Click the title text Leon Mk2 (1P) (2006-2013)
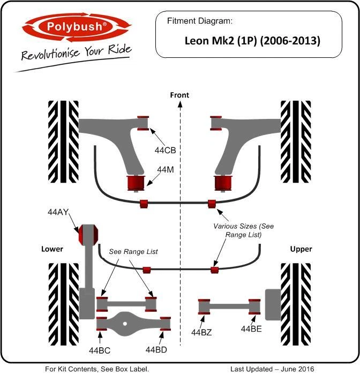tap(252, 40)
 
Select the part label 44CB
tap(165, 151)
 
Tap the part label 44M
tap(165, 169)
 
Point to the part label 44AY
tap(58, 212)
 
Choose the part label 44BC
tap(100, 350)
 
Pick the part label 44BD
tap(156, 350)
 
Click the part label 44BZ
tap(201, 332)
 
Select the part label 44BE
tap(251, 328)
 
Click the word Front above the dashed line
tap(179, 95)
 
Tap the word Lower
tap(52, 249)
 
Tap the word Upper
tap(301, 249)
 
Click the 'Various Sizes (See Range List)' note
tap(244, 230)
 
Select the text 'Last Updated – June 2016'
tap(273, 369)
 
